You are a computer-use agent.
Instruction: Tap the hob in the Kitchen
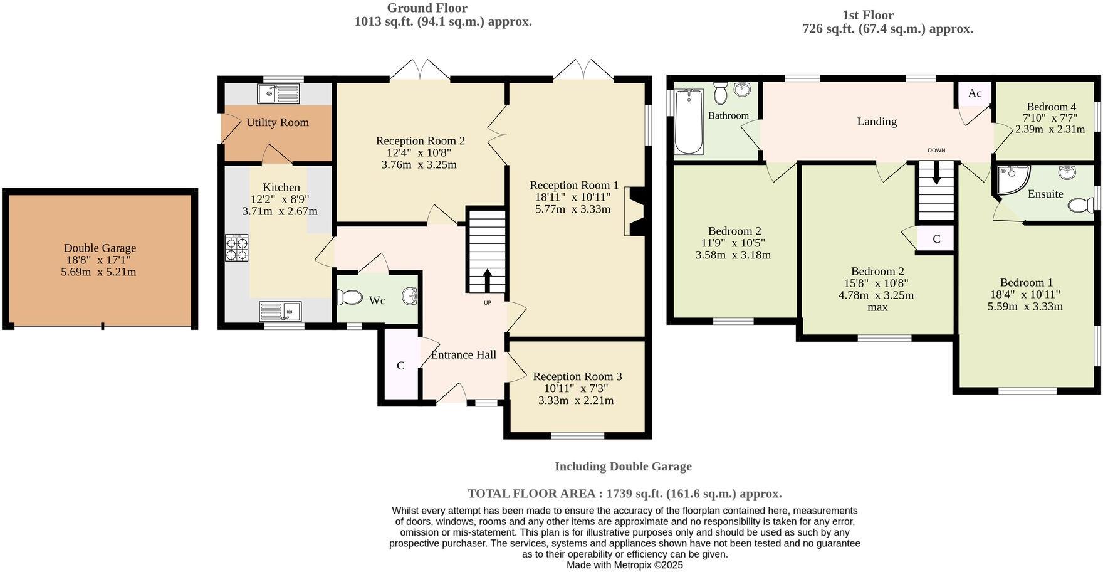(236, 247)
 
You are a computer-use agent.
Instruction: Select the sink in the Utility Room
(278, 94)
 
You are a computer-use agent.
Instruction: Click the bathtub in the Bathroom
(689, 122)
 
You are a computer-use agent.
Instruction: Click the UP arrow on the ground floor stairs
(488, 280)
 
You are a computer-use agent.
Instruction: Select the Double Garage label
(100, 248)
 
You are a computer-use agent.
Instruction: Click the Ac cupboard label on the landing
(975, 93)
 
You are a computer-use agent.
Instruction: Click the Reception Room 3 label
(577, 376)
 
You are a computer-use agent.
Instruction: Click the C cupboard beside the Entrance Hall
(400, 366)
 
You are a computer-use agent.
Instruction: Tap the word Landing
(877, 122)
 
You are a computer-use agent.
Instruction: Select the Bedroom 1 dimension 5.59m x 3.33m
(1025, 307)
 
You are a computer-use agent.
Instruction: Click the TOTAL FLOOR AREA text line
(624, 494)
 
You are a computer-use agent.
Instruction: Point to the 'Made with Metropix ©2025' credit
(624, 565)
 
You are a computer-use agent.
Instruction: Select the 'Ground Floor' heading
(427, 8)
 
